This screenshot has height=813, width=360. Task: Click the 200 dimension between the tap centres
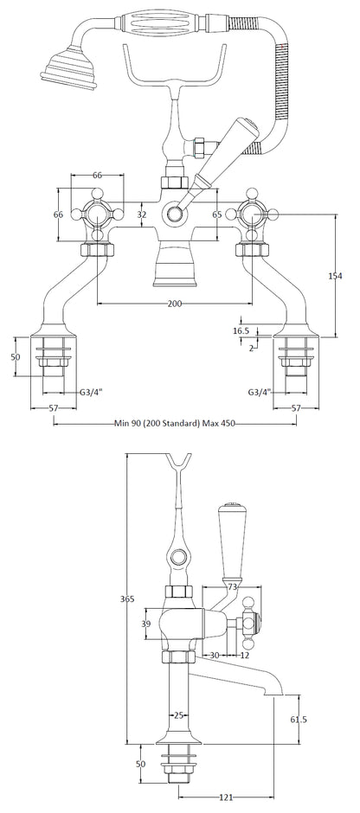tap(175, 304)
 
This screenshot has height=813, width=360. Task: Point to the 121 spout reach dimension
tap(226, 797)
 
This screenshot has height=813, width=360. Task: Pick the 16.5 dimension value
tap(241, 330)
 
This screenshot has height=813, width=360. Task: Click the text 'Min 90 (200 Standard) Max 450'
tap(175, 424)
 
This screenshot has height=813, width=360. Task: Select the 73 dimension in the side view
tap(233, 586)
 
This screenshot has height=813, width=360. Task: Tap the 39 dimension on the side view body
tap(147, 624)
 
